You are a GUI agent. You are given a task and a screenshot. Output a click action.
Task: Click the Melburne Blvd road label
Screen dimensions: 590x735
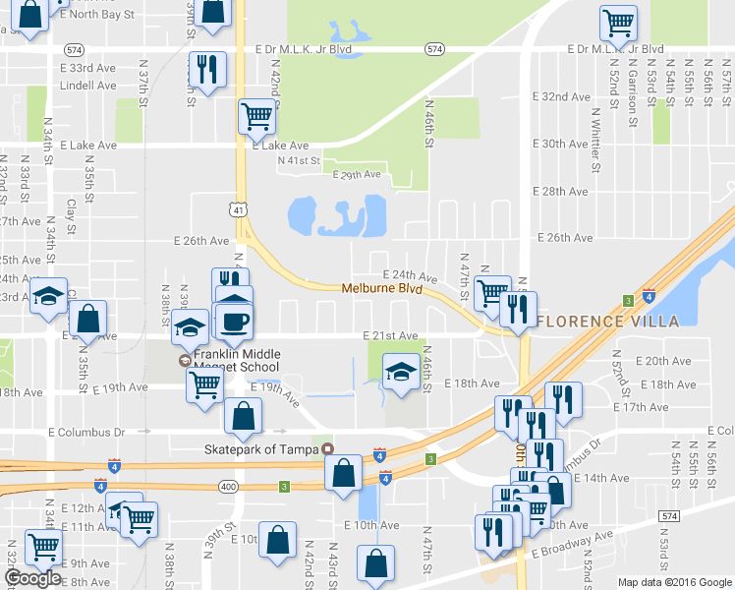(382, 289)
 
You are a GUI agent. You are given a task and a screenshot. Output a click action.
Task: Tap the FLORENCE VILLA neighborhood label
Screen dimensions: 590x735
(609, 322)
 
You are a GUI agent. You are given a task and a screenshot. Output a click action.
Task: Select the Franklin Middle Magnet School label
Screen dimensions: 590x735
(237, 361)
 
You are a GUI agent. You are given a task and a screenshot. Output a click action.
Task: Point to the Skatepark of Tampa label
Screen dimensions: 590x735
(262, 449)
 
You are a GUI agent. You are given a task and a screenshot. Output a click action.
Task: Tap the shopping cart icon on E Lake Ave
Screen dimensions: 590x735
(257, 116)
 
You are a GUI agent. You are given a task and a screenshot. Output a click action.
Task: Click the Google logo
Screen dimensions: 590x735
(32, 578)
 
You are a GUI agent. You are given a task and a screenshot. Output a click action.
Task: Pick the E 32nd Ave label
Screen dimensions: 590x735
(561, 96)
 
